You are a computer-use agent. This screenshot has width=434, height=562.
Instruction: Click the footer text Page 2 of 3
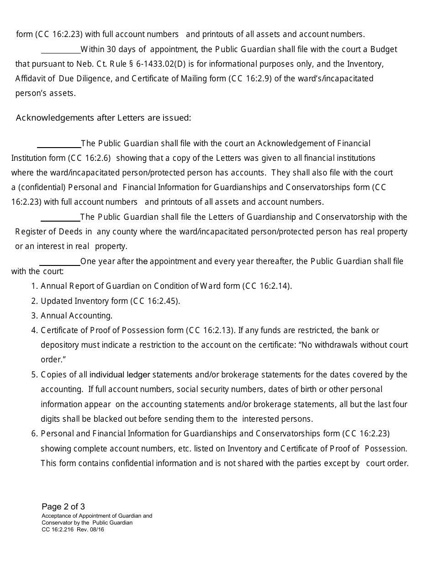[x=63, y=507]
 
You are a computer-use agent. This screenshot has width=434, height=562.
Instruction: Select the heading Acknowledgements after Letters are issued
[x=103, y=118]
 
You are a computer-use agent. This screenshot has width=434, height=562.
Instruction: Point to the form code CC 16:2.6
[x=90, y=158]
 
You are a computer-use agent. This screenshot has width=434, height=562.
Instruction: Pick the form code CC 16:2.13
[x=210, y=330]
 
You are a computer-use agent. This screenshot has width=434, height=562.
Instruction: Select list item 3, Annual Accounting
[x=76, y=316]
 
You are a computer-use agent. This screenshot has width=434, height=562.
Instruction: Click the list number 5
[x=34, y=375]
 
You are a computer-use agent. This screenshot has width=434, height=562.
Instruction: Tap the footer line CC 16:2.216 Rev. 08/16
[x=73, y=530]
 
